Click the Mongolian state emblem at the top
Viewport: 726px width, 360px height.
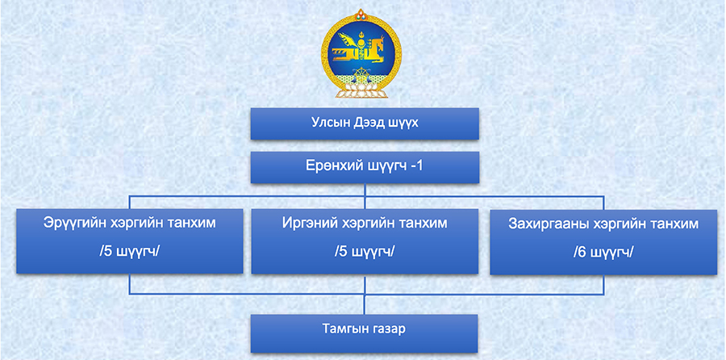tap(361, 53)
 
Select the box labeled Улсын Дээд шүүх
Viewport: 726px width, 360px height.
tap(365, 123)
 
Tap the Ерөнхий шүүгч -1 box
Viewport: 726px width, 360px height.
tap(365, 167)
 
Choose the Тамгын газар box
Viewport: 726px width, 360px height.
tap(365, 333)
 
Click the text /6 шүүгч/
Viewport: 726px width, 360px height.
tap(603, 253)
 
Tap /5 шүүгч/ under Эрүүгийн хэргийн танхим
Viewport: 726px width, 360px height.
tap(130, 252)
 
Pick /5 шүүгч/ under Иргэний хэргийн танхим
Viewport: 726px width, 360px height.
tap(365, 252)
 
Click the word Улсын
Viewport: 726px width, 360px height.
tap(327, 123)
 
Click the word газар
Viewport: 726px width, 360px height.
tap(388, 329)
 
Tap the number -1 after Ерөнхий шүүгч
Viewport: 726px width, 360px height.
tap(416, 165)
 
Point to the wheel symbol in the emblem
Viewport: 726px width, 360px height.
tap(361, 73)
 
